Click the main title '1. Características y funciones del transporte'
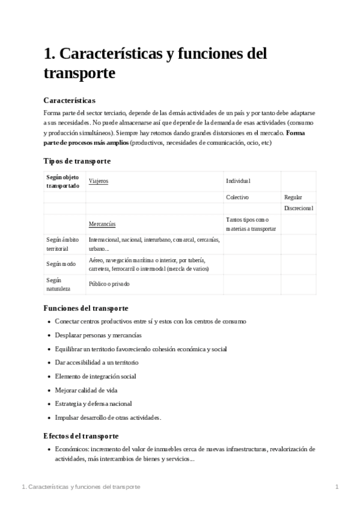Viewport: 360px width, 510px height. coord(155,63)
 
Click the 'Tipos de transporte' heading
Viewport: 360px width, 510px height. coord(77,161)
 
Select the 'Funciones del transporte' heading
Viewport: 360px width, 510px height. coord(85,308)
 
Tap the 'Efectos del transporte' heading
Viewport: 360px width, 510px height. coord(81,435)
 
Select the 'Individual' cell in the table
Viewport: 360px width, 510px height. coord(238,181)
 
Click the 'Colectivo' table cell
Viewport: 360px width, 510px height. coord(237,197)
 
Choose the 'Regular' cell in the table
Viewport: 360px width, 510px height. coord(293,197)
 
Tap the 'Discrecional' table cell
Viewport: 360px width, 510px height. coord(299,208)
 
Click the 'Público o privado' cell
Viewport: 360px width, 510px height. coord(109,284)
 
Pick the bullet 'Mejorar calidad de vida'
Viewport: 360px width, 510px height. coord(86,390)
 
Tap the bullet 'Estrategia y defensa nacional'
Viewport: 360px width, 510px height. coord(93,404)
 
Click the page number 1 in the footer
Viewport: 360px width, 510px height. coord(337,487)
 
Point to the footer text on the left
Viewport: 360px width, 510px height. coord(80,487)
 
